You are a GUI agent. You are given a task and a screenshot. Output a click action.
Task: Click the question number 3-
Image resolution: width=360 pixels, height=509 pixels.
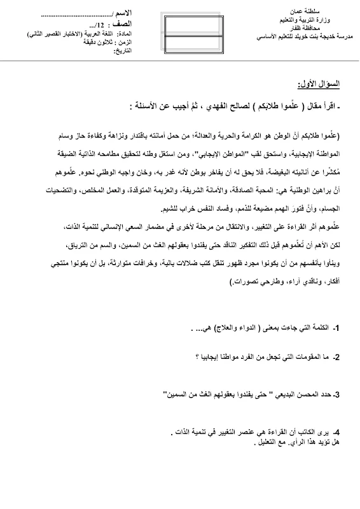click(x=337, y=394)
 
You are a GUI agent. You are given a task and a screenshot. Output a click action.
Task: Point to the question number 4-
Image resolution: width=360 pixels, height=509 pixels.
click(x=337, y=432)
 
